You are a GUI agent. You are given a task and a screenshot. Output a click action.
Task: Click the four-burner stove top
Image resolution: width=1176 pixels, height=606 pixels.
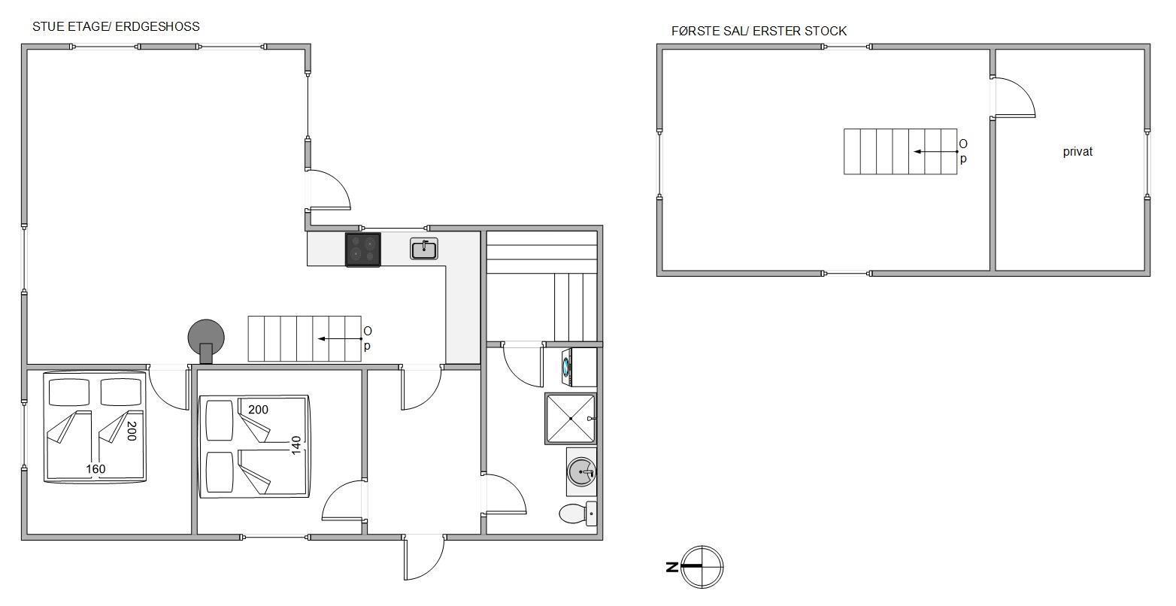point(362,250)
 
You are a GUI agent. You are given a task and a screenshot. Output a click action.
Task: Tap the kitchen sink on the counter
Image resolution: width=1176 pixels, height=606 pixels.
point(423,249)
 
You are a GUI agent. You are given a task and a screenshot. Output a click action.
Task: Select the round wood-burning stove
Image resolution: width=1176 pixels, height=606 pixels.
point(206,341)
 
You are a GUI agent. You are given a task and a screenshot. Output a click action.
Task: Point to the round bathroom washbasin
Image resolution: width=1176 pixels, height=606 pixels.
point(582,472)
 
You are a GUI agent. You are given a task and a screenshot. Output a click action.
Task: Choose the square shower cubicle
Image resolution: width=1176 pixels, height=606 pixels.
point(571,419)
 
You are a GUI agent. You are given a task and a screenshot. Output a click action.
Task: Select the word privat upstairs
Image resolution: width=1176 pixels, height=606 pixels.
point(1077,152)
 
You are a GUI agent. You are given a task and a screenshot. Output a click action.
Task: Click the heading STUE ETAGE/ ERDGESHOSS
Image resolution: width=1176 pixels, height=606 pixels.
point(116,26)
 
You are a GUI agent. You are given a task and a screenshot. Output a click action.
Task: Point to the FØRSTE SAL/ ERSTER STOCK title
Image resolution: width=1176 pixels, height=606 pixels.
point(759,31)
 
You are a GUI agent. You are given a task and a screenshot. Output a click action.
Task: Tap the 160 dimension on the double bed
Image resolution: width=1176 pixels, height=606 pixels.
point(95,468)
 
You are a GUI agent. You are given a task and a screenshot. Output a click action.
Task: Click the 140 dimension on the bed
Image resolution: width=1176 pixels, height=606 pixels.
point(296,445)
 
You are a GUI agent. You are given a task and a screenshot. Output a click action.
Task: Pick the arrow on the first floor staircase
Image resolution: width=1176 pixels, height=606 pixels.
point(935,152)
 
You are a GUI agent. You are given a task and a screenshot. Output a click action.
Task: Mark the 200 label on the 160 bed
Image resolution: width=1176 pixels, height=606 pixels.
point(132,431)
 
